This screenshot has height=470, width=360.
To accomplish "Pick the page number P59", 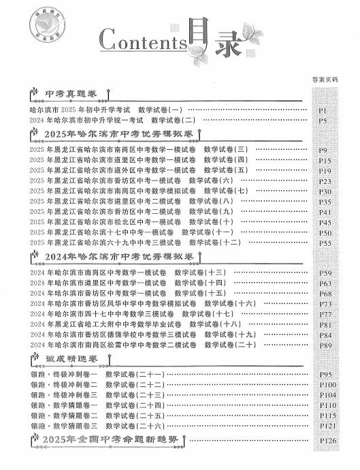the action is point(325,274).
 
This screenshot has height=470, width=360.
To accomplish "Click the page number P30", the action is point(325,192).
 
